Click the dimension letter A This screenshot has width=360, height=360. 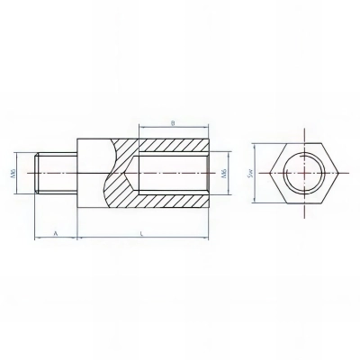(x=55, y=232)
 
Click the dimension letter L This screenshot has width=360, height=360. (x=145, y=232)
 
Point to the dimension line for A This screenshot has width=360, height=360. (x=56, y=238)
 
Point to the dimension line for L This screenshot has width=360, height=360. (x=144, y=238)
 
